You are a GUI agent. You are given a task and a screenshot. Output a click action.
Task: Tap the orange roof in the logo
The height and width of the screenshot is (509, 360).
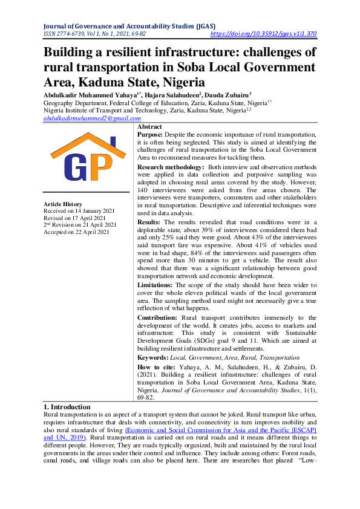(x=88, y=144)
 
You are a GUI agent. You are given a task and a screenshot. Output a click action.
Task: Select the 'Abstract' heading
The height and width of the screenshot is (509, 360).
(x=149, y=127)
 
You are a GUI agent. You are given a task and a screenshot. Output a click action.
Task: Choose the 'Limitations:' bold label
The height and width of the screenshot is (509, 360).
(x=155, y=285)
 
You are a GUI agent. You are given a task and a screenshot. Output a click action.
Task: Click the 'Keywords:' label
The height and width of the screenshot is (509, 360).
(x=153, y=358)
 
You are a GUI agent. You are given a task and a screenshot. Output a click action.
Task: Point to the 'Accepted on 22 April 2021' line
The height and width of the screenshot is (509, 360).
(x=77, y=232)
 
